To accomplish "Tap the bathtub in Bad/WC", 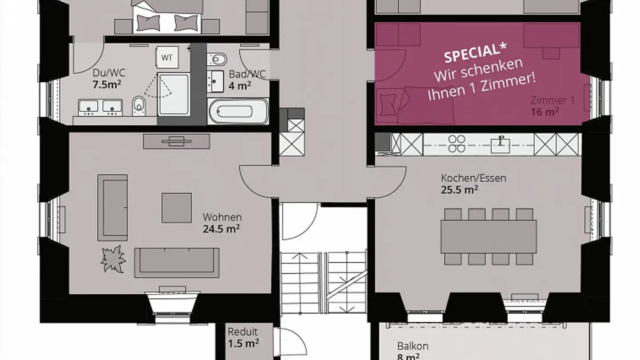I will [238, 111].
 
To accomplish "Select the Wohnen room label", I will [222, 217].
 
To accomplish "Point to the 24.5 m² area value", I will [221, 229].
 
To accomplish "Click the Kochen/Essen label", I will [473, 178].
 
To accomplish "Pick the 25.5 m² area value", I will [459, 190].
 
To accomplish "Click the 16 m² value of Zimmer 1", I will [544, 112].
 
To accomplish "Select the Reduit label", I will [243, 332].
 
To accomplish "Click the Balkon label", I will [412, 346].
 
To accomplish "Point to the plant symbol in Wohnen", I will [113, 258].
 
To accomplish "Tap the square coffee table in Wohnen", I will [176, 208].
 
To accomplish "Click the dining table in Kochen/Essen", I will [488, 236].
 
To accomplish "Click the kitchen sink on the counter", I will [500, 144].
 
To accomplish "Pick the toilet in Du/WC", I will [139, 105].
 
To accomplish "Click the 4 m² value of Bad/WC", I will [240, 85].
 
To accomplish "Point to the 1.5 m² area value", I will [243, 343].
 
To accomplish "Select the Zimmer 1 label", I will [552, 100].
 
